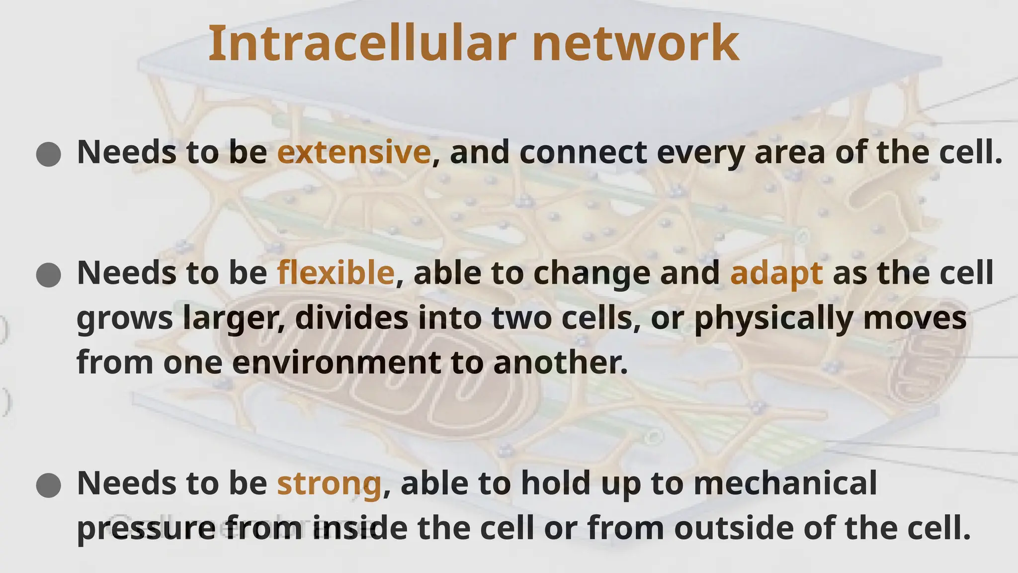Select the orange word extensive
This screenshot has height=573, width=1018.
pos(353,152)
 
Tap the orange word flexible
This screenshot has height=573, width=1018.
pos(336,273)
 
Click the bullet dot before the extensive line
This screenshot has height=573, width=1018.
pos(49,154)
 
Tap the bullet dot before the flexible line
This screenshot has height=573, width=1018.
pos(49,275)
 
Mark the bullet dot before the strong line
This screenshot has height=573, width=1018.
pos(49,485)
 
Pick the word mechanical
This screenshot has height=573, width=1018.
pos(785,483)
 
